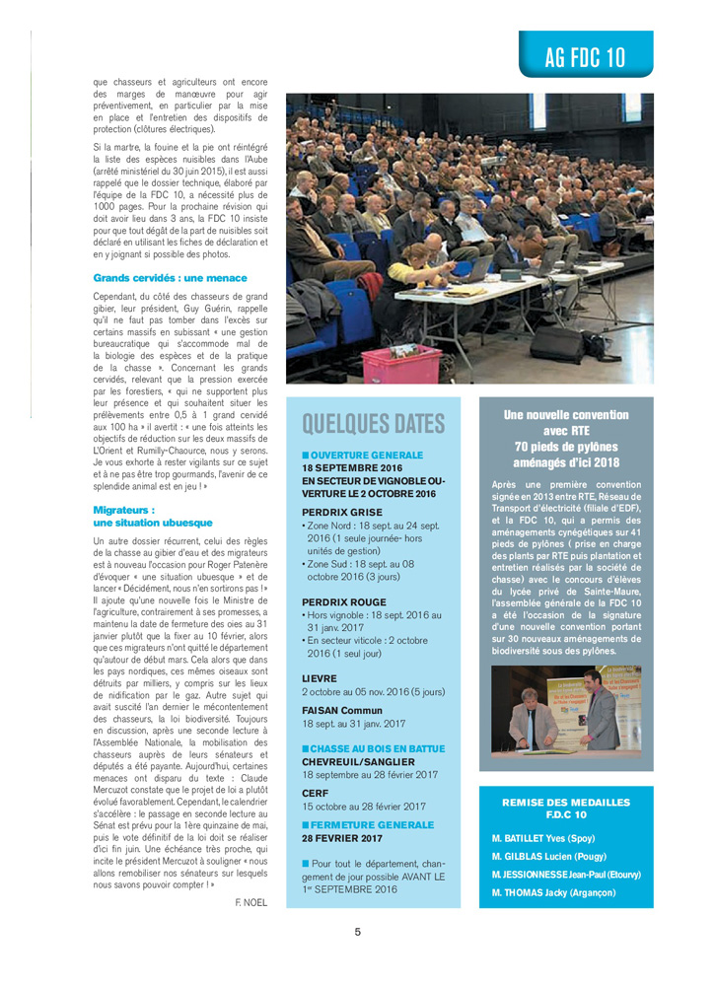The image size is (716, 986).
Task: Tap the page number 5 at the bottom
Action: coord(358,932)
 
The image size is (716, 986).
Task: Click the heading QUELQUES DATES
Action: coord(373,424)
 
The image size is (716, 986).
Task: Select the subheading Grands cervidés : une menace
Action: coord(170,278)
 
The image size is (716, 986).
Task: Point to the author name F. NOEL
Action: coord(252,902)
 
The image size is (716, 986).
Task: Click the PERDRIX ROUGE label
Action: coord(344,601)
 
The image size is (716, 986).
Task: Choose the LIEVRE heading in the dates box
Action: coord(320,678)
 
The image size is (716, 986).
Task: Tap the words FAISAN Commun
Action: coord(341,710)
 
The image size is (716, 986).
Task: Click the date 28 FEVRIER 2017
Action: coord(341,838)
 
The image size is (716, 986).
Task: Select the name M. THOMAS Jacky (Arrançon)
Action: coord(553,892)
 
